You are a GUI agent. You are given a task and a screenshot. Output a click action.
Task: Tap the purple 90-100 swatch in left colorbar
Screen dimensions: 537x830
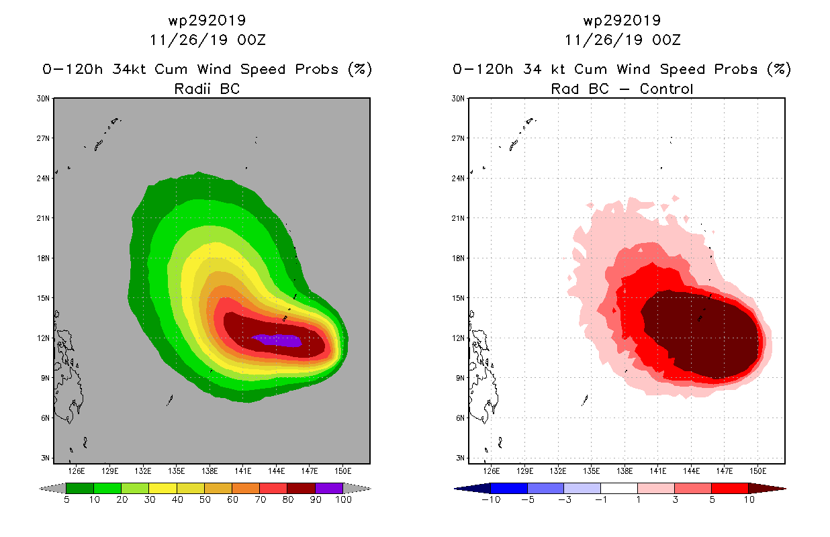(x=329, y=488)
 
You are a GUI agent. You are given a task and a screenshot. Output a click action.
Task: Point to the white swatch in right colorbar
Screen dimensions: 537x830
(x=618, y=488)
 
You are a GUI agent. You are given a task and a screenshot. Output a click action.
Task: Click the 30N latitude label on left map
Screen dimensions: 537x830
(x=44, y=99)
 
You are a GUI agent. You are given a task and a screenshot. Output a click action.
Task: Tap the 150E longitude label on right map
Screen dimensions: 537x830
(x=758, y=471)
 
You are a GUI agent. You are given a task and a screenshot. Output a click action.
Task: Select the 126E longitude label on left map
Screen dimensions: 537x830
(x=76, y=471)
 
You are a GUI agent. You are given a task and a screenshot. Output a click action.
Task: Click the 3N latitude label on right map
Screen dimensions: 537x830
(x=459, y=458)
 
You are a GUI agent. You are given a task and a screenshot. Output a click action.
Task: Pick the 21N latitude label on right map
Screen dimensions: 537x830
(x=459, y=218)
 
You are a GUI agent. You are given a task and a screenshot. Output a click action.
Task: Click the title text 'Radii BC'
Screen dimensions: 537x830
(x=207, y=88)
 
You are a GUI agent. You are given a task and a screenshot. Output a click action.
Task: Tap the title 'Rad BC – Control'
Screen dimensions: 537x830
(x=622, y=88)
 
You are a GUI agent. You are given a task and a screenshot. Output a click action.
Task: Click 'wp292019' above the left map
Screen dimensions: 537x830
(x=207, y=20)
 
